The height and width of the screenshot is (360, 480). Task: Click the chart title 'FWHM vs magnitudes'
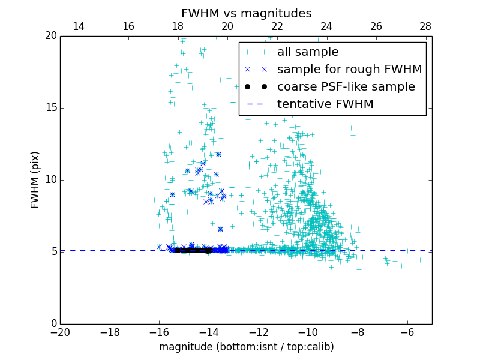246,13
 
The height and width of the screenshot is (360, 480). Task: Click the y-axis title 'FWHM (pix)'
35,180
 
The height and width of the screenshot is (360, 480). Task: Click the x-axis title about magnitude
246,347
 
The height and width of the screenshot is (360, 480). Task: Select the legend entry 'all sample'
307,52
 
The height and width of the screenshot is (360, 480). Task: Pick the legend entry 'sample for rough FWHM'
349,70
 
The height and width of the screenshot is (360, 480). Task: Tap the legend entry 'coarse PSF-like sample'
346,87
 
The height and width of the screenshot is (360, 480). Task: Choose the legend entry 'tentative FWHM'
325,104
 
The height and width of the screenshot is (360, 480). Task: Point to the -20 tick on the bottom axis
60,332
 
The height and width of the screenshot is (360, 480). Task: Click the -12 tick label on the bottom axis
259,332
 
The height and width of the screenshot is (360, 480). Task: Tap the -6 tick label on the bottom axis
407,332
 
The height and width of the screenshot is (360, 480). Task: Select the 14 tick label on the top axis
78,26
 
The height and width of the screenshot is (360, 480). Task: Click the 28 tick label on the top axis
425,26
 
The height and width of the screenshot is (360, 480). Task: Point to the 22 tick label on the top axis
277,26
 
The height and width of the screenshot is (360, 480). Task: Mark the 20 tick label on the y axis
50,36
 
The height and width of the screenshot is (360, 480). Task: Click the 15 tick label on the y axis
50,108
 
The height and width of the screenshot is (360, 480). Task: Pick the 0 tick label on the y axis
53,324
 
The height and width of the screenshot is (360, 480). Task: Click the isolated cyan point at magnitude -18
110,71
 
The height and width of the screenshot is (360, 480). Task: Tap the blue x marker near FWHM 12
218,154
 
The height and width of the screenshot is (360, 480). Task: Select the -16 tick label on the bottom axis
159,332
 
